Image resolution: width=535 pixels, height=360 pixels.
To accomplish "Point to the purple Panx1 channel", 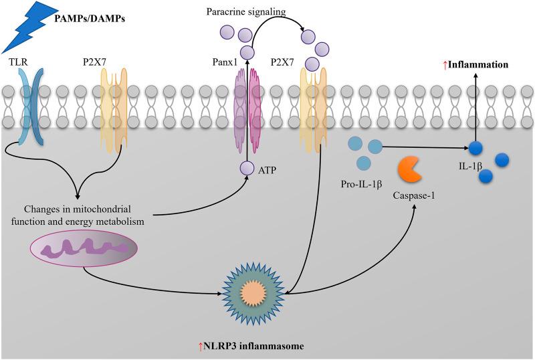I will coord(247,107).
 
